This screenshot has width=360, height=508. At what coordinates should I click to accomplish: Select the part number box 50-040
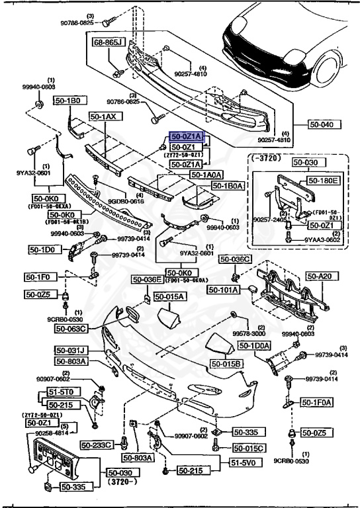point(325,124)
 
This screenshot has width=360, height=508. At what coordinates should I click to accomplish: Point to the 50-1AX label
point(103,116)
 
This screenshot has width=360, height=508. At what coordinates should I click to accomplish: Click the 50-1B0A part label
point(228,186)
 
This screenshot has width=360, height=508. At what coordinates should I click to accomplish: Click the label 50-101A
point(224,289)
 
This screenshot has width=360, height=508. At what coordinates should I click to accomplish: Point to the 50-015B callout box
point(227,364)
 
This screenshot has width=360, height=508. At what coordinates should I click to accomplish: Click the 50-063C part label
point(71,328)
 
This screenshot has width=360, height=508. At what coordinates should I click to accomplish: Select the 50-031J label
point(71,350)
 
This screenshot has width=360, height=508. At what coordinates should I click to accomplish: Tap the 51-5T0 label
point(64,392)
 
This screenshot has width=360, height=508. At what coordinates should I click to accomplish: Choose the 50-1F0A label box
point(318,402)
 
